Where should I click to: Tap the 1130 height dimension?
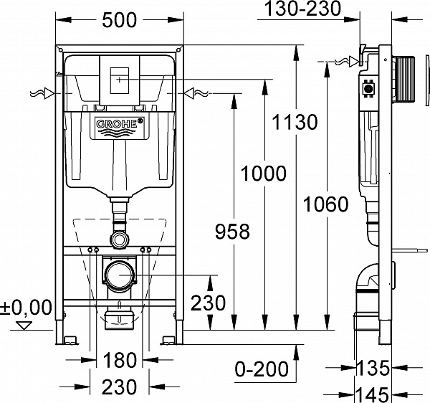294,122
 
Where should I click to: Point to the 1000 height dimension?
263,174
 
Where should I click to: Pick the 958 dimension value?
233,231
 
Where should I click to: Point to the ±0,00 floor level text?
27,308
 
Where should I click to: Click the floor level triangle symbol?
25,326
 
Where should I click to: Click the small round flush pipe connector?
119,237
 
